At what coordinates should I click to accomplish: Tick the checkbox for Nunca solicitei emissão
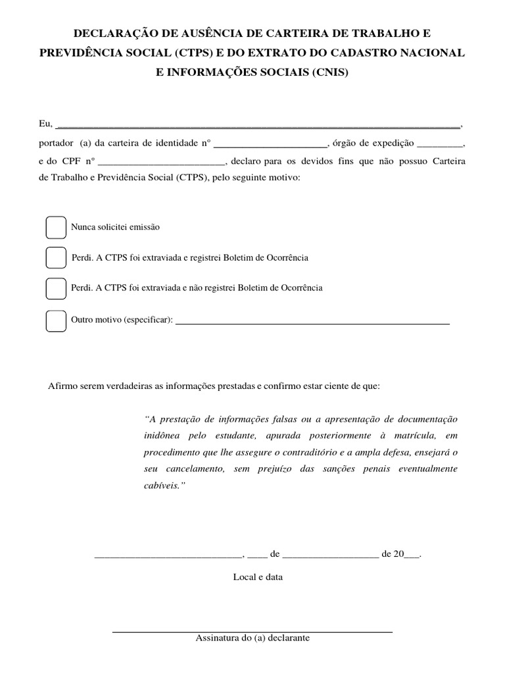(x=55, y=227)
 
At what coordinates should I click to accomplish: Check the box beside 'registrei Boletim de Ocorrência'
(x=55, y=258)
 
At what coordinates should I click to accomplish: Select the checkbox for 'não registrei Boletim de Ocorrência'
(x=55, y=288)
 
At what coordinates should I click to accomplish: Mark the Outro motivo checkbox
(x=55, y=320)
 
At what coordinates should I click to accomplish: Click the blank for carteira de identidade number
(x=271, y=143)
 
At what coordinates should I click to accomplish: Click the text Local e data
(x=258, y=577)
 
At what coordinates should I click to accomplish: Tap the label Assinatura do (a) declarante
(x=252, y=638)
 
